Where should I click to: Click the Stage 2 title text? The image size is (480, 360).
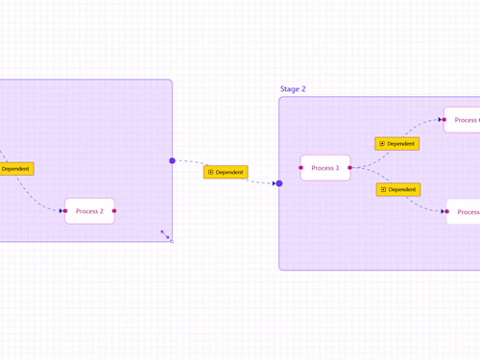pos(293,89)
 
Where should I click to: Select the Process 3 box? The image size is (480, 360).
pos(325,168)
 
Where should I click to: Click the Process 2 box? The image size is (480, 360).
pos(89,211)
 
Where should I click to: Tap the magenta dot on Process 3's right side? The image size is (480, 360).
pos(349,168)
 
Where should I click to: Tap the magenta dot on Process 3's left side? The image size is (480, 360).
pos(300,168)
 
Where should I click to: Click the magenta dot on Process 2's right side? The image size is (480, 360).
pos(114,211)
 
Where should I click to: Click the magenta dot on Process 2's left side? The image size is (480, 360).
pos(65,211)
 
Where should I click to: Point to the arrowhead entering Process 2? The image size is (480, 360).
pos(60,211)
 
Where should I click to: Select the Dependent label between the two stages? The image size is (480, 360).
pos(226,173)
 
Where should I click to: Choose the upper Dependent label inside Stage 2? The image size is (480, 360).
pos(397,144)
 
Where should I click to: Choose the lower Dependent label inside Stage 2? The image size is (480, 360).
pos(398,190)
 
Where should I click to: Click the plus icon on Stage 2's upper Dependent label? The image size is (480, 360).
pos(382,144)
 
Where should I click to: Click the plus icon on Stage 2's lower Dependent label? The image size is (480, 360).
pos(383,190)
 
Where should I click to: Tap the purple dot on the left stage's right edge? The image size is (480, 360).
pos(173,160)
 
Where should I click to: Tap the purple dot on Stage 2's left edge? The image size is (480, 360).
pos(279,183)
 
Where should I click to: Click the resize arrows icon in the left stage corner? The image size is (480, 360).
pos(164,233)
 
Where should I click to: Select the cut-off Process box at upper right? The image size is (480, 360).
pos(463,120)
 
